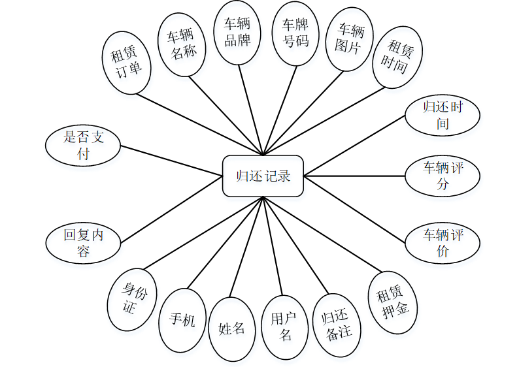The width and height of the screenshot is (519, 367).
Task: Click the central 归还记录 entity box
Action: coord(263,176)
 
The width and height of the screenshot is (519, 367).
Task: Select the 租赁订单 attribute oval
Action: coord(127,62)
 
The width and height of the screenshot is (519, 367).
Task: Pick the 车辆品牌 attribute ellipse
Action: coord(238,33)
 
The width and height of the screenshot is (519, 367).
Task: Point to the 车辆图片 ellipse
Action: coord(349,39)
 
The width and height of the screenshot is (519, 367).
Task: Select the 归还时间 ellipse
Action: coord(443,115)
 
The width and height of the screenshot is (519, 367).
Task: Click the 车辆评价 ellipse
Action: coord(443,243)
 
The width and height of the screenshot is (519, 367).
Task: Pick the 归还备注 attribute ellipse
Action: coord(338,325)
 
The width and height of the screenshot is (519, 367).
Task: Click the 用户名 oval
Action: coord(285,327)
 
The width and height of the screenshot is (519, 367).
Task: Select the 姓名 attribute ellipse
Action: coord(231,328)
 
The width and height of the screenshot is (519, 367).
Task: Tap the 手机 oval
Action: coord(182,320)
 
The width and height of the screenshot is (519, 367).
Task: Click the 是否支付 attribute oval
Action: coord(84,145)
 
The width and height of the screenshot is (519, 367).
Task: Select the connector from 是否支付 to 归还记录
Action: coord(172,161)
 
